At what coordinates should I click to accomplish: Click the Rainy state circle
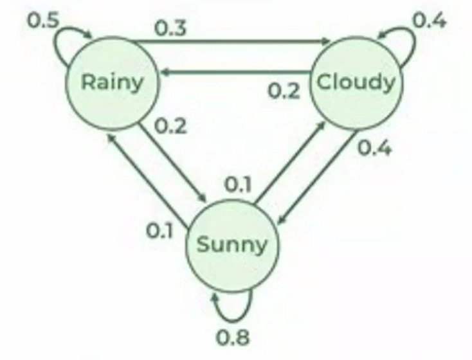click(x=111, y=82)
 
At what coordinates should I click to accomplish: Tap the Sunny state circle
click(x=230, y=244)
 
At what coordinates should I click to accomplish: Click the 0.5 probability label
click(x=42, y=20)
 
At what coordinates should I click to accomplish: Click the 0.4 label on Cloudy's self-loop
click(x=428, y=20)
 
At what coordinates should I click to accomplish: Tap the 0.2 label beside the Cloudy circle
click(x=283, y=91)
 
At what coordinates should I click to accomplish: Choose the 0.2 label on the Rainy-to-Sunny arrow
click(x=170, y=125)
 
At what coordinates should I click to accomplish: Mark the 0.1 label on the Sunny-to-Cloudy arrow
click(x=238, y=185)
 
